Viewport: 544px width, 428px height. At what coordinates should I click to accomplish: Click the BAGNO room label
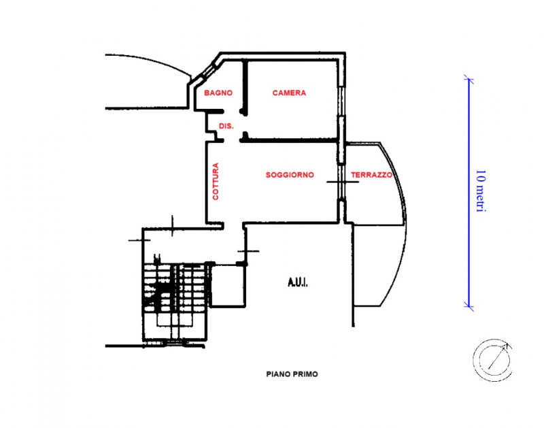pos(218,93)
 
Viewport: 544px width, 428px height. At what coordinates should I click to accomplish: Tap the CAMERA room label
pos(290,93)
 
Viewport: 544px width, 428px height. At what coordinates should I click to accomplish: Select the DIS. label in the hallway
pos(226,126)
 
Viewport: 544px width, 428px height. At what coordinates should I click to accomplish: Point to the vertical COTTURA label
pos(216,181)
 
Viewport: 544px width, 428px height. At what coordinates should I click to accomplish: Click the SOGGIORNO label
pos(290,175)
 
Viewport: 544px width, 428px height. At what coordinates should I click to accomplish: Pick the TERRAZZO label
pos(371,175)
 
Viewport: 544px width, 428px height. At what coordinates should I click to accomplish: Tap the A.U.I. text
pos(298,282)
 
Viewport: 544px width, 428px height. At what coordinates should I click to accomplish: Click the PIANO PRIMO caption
pos(292,374)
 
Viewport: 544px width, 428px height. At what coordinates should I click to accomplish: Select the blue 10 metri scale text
pos(481,191)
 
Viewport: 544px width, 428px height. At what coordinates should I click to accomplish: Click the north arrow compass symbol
pos(492,361)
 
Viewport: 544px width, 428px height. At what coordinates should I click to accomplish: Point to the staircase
pos(176,301)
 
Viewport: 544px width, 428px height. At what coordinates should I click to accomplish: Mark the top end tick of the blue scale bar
pos(469,80)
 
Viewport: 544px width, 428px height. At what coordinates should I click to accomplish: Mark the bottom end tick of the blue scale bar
pos(469,306)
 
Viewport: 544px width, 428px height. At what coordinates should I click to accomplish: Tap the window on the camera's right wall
pos(342,101)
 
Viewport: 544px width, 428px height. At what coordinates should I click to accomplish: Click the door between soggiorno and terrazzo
pos(342,182)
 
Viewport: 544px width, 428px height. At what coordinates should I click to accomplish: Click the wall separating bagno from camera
pos(245,88)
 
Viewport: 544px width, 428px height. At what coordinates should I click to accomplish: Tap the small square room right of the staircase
pos(228,286)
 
